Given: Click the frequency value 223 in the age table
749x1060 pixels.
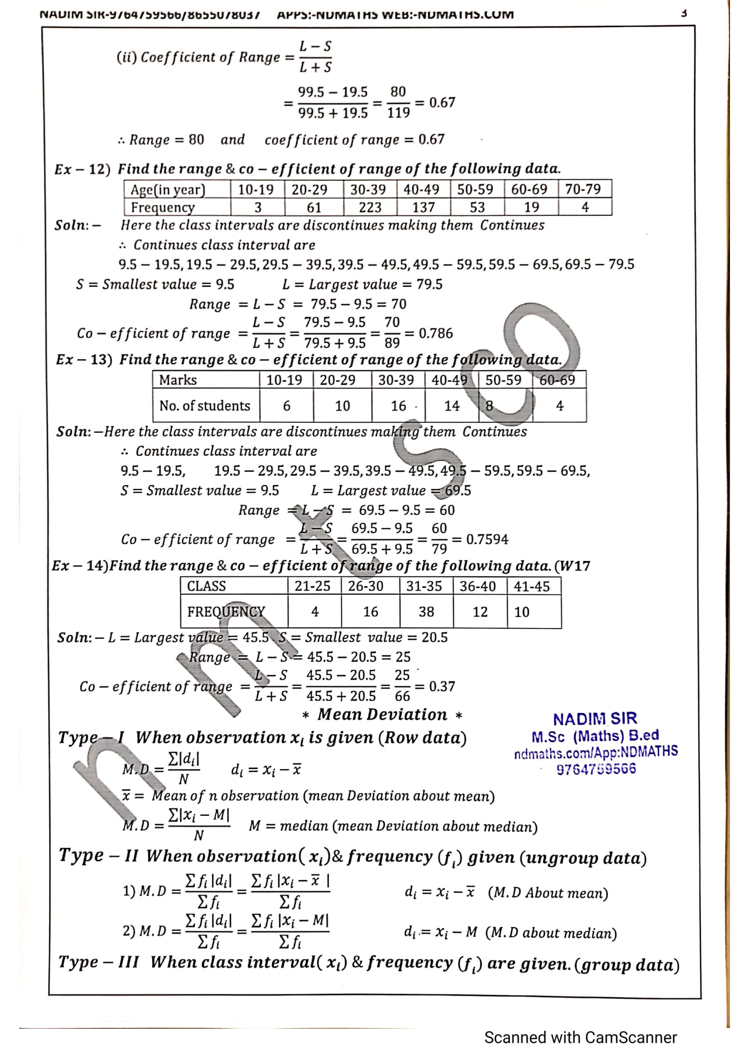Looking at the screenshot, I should click(370, 207).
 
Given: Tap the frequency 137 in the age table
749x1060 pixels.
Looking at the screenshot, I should click(423, 207).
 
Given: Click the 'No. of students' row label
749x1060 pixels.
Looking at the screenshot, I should click(204, 405).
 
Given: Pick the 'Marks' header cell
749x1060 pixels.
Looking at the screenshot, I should click(178, 380).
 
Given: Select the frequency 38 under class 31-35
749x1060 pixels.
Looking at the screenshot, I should click(426, 612).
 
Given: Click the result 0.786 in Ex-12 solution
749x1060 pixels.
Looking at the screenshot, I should click(435, 334).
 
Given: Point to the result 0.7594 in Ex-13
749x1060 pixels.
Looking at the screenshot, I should click(487, 539).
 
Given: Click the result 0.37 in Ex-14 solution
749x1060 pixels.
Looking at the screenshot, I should click(442, 687).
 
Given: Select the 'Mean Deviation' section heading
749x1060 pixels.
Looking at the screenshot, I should click(382, 715).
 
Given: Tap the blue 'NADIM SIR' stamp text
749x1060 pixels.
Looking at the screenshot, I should click(595, 719).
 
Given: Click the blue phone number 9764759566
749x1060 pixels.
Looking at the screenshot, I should click(596, 769).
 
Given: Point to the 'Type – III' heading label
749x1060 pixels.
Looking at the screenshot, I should click(98, 962).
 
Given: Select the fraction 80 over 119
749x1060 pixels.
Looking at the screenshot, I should click(398, 102).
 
